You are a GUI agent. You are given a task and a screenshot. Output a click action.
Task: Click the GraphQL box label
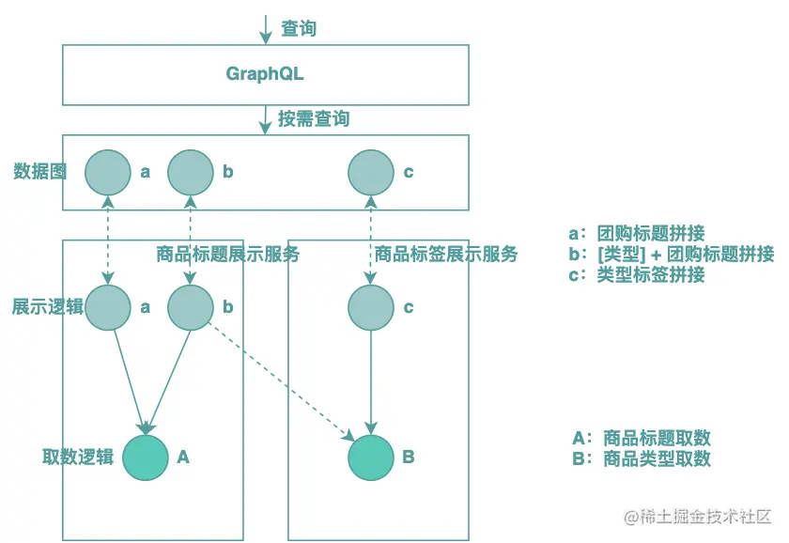[x=265, y=74]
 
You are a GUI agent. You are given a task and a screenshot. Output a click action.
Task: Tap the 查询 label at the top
[x=299, y=29]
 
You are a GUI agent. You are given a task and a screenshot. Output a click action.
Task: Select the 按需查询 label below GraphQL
[x=314, y=119]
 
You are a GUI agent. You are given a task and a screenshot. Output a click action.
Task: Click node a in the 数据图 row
[x=108, y=172]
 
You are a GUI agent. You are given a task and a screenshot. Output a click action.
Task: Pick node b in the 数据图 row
[x=191, y=172]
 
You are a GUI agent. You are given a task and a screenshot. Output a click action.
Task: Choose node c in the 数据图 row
[x=371, y=172]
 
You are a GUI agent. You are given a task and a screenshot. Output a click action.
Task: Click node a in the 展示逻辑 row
[x=108, y=307]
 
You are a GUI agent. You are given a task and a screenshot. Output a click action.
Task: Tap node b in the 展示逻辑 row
[x=191, y=307]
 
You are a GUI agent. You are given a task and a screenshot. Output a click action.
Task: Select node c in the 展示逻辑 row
[x=371, y=307]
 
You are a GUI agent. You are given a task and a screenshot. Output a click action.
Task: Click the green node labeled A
[x=146, y=457]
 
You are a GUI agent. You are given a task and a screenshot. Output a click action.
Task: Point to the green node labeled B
[x=371, y=457]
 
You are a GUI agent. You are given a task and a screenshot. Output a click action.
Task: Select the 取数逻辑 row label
[x=78, y=458]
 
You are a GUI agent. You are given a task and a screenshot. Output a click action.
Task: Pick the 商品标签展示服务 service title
[x=446, y=254]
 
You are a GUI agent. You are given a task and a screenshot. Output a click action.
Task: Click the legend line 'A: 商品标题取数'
[x=641, y=438]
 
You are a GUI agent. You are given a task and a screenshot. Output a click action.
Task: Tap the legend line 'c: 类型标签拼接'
[x=637, y=275]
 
